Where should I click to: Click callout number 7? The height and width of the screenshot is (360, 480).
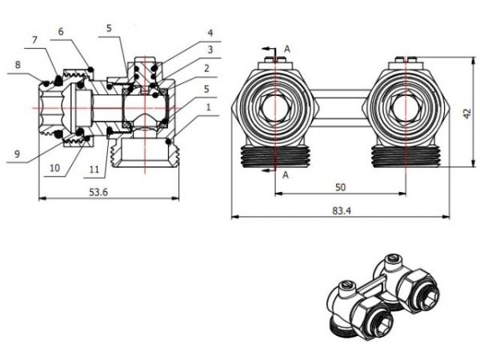34,40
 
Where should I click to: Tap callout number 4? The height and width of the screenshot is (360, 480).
210,33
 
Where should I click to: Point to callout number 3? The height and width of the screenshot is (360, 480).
210,50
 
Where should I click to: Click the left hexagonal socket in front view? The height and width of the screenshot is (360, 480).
274,110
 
